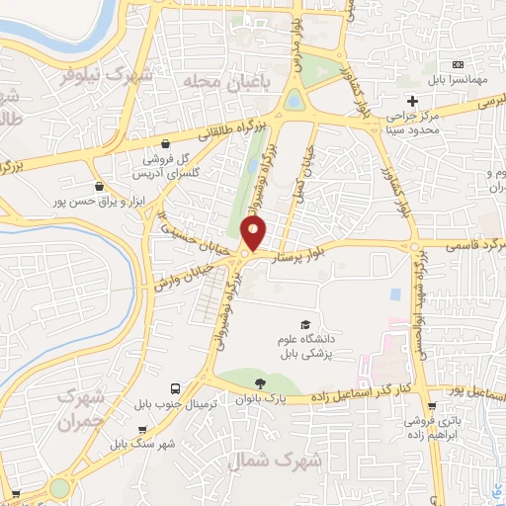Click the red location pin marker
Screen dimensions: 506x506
coord(254,234)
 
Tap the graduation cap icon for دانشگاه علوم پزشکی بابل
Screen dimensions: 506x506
coord(305,325)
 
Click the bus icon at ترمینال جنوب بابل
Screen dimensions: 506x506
coord(175,388)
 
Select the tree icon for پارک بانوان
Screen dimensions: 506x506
coord(259,382)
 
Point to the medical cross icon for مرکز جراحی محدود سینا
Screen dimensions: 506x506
coord(412,102)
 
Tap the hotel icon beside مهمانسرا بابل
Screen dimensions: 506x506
coord(457,62)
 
